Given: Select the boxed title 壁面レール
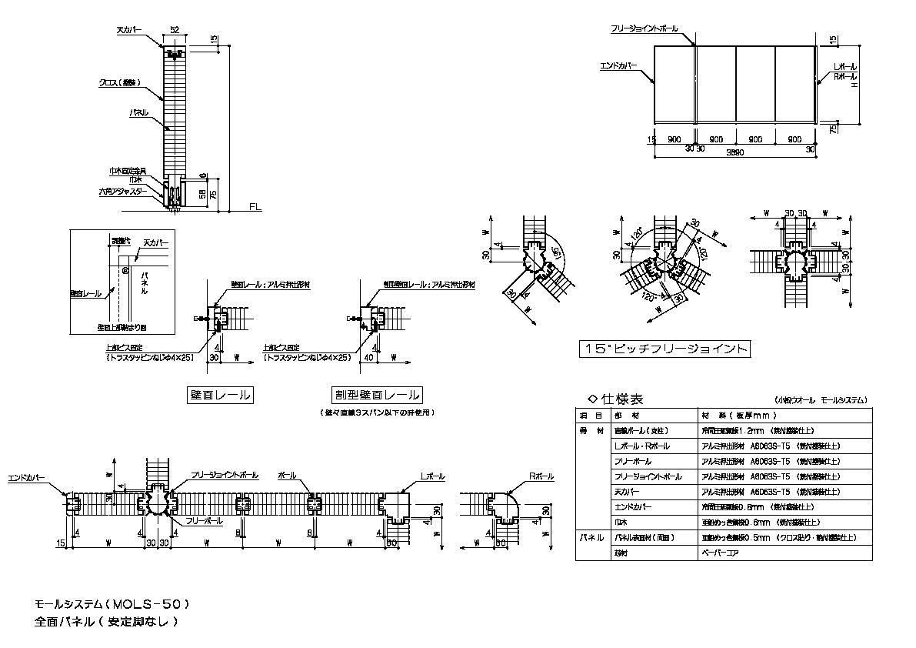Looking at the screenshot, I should tap(221, 396).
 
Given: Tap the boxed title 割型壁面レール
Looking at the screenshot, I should tap(377, 396).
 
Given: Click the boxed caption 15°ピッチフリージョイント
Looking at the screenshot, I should tap(665, 349).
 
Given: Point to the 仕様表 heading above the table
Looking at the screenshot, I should tap(615, 399).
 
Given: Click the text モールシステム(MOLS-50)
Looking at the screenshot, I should tap(112, 605).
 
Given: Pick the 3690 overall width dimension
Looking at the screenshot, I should tap(734, 152).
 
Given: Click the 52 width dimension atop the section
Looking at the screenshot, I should tap(175, 29).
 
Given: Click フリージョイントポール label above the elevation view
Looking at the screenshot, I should tap(645, 28).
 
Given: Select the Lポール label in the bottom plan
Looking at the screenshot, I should tap(432, 477).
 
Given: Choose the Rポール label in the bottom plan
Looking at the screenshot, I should tap(541, 477).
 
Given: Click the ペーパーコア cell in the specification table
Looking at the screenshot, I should tap(718, 553).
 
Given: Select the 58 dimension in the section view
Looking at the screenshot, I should tap(202, 194).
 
